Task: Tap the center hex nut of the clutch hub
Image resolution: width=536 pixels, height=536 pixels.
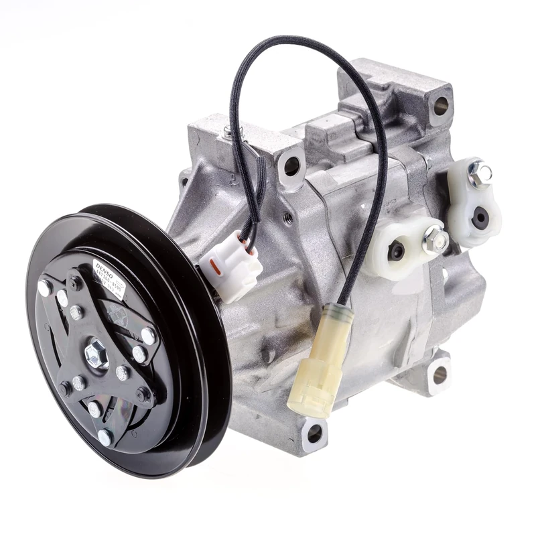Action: click(96, 353)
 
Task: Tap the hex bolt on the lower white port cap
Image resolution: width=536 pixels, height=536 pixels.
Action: click(435, 238)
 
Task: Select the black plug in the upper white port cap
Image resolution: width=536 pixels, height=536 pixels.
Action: click(480, 216)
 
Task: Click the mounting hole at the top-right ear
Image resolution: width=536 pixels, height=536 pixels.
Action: click(441, 105)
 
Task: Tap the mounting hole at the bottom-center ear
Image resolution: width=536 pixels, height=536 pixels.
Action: click(314, 433)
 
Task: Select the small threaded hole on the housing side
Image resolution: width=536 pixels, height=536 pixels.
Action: click(289, 216)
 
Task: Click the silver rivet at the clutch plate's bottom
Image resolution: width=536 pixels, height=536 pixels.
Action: click(105, 438)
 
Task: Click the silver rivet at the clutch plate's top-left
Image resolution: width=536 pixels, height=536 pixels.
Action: click(45, 288)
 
